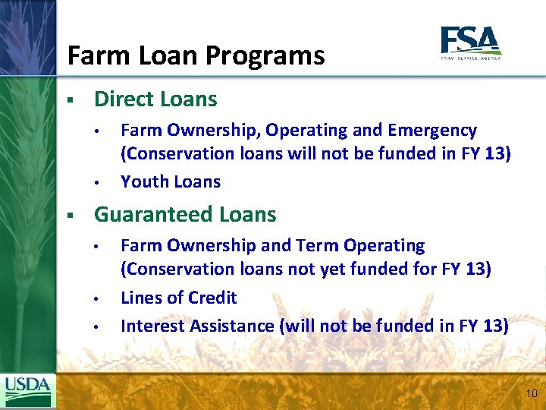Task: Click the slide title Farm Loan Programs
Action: click(x=196, y=55)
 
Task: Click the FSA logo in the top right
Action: click(x=470, y=43)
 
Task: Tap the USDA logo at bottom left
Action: click(x=28, y=391)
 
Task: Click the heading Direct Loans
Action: click(x=155, y=99)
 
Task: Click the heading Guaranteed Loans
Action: click(x=184, y=215)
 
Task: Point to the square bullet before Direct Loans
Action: click(x=69, y=100)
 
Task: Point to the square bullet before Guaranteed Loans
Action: click(x=69, y=216)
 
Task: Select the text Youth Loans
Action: click(x=171, y=182)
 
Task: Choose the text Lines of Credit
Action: click(x=178, y=298)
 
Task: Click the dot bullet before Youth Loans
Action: click(x=97, y=183)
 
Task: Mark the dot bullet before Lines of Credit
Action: click(x=97, y=298)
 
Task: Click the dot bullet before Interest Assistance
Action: click(x=97, y=327)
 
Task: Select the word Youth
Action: click(x=144, y=182)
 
